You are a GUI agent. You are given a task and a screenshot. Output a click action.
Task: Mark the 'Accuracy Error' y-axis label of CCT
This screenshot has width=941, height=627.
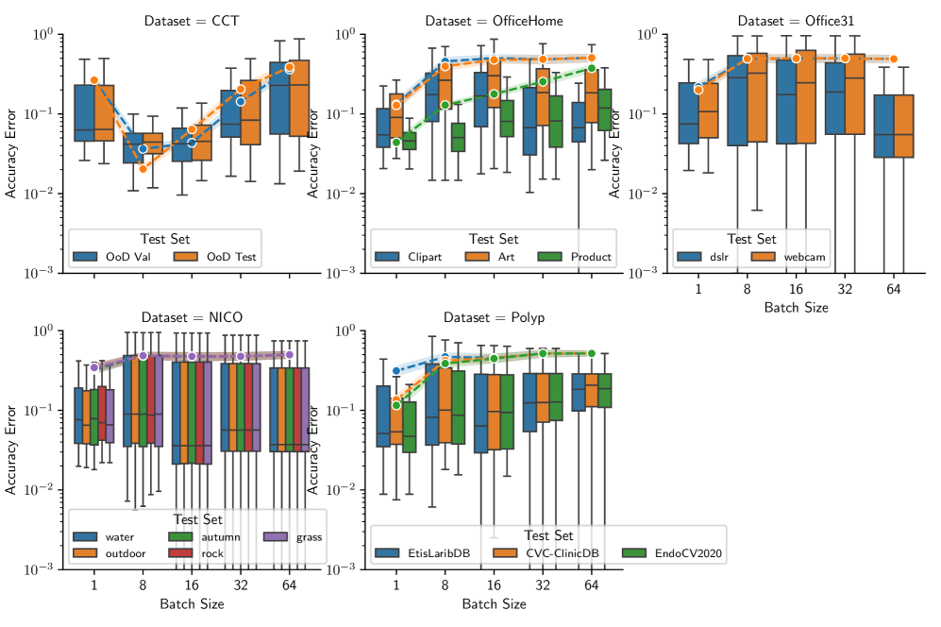click(x=12, y=153)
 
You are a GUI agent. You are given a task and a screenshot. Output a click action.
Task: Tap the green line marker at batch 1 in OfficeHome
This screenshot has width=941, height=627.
click(x=397, y=143)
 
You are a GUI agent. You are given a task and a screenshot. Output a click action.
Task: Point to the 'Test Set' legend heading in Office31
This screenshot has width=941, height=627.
click(x=751, y=239)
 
